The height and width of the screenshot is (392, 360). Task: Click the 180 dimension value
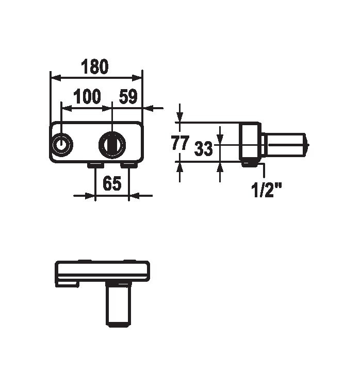pos(94,66)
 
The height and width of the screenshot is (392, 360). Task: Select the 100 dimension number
pos(87,96)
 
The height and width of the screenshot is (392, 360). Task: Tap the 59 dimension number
pos(128,96)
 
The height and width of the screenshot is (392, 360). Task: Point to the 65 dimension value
pos(112,183)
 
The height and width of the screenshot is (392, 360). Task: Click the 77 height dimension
pos(180,143)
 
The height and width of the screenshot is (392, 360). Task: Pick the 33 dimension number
pos(203,148)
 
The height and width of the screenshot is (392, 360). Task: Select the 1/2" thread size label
pos(266,190)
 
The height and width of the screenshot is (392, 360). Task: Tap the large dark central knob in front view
pos(112,145)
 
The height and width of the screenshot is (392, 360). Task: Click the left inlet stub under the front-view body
pos(95,165)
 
